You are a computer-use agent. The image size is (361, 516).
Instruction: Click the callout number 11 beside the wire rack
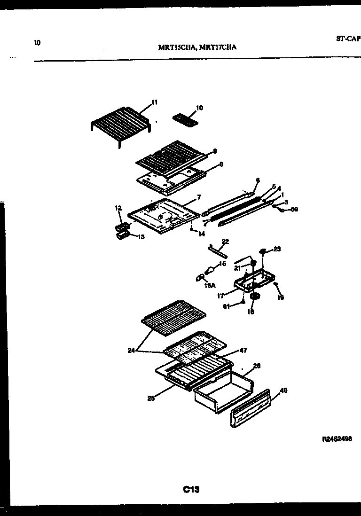pos(155,102)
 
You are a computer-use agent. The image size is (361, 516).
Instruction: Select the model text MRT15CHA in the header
pos(177,47)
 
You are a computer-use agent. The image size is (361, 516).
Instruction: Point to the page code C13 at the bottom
pos(191,489)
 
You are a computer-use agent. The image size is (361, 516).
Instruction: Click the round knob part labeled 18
pos(256,297)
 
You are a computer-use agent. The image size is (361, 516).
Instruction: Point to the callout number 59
pos(294,209)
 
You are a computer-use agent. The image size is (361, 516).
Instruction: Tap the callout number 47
pos(243,350)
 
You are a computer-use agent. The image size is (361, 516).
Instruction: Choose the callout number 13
pos(141,237)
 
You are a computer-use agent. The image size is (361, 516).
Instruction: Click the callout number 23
pos(277,249)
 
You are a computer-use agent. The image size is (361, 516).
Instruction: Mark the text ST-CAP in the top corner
pos(348,40)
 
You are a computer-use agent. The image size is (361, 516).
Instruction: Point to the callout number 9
pos(214,151)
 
